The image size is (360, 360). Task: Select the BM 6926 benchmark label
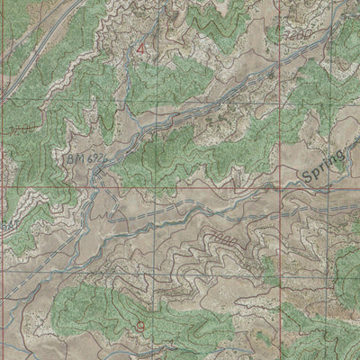pyautogui.click(x=93, y=158)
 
